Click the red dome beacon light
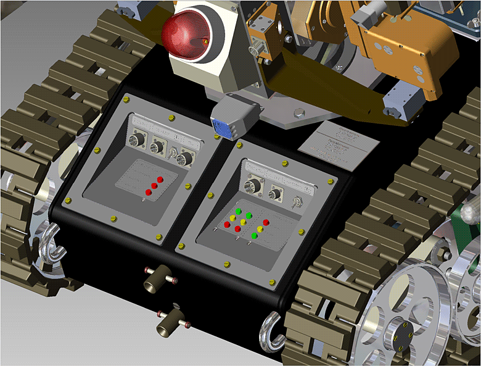(x=185, y=35)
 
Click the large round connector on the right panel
(x=253, y=186)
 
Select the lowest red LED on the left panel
(x=148, y=193)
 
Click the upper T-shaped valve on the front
(x=157, y=279)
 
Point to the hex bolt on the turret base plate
(x=299, y=113)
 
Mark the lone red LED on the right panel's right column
(x=266, y=223)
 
